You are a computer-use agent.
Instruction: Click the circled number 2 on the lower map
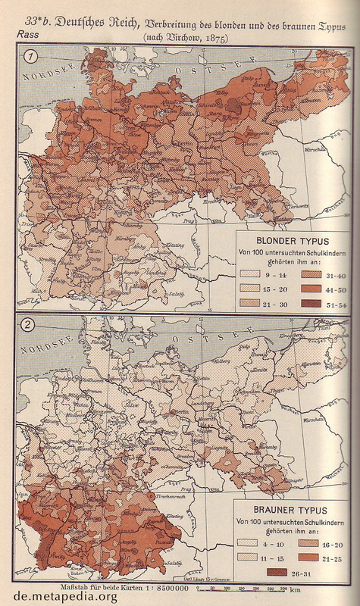pyautogui.click(x=28, y=326)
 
